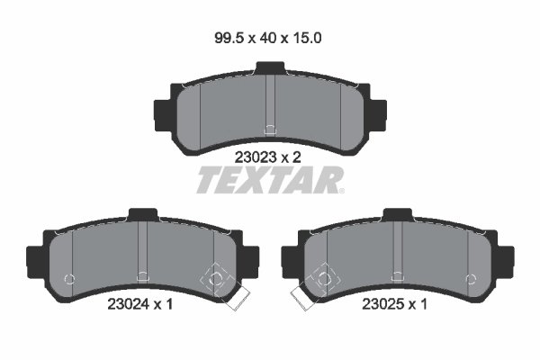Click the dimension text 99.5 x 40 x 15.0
[269, 39]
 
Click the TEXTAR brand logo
[270, 181]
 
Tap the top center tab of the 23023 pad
[269, 67]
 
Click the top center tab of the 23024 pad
[142, 214]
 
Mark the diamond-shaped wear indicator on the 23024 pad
[216, 279]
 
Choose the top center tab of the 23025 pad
[397, 214]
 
